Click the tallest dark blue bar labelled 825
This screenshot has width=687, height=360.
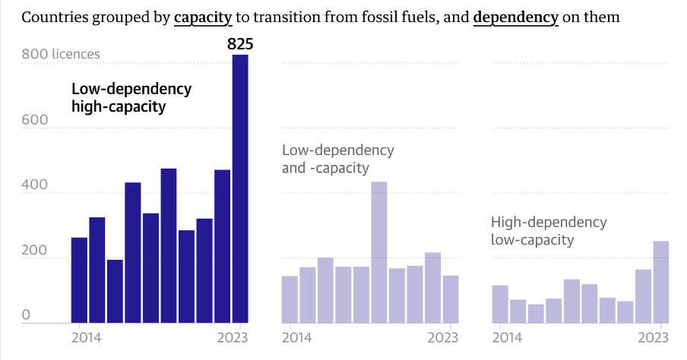240,190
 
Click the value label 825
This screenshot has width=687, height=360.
240,45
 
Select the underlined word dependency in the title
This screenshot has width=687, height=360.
515,17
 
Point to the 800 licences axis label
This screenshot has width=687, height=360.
61,55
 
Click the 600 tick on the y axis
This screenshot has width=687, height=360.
35,120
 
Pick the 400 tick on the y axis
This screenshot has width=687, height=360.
35,185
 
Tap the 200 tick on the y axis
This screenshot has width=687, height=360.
35,251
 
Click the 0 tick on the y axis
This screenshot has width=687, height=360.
26,315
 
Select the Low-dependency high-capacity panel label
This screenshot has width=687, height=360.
131,98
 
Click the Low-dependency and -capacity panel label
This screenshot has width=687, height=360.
337,159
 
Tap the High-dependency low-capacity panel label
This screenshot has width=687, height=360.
549,231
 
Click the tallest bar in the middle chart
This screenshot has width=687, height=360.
378,252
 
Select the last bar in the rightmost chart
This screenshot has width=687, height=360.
661,282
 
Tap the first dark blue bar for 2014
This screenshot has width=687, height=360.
79,280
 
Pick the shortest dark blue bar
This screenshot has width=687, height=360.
115,291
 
